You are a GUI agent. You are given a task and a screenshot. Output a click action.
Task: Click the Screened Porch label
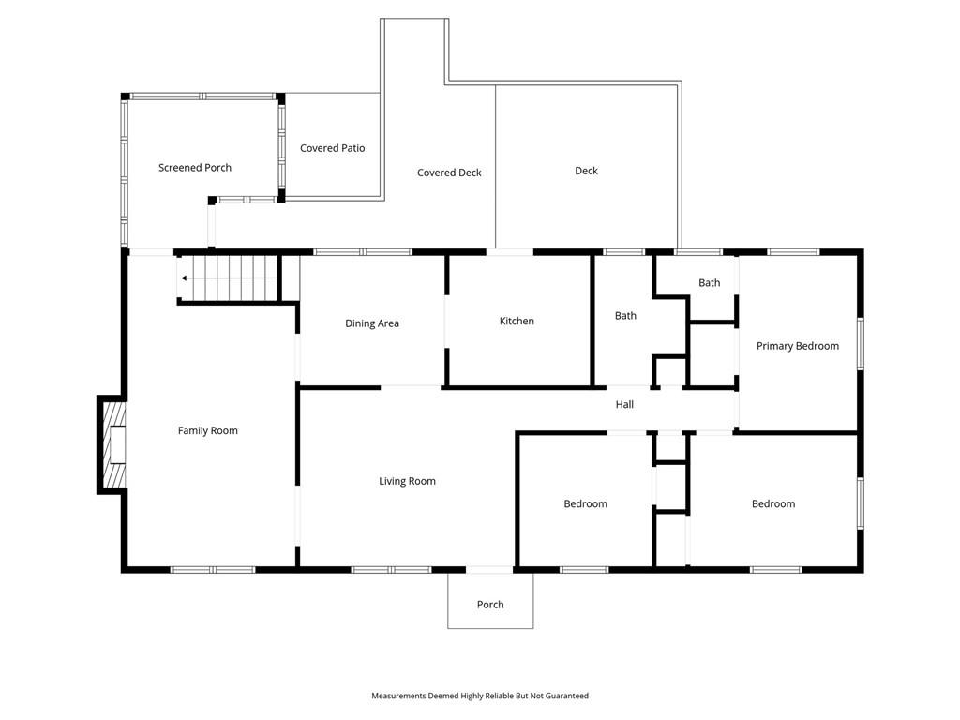pyautogui.click(x=195, y=168)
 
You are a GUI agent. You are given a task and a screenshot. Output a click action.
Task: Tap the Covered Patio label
pyautogui.click(x=333, y=148)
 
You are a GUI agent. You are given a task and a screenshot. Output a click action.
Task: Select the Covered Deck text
pyautogui.click(x=449, y=172)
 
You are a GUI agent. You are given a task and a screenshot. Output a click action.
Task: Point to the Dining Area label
pyautogui.click(x=372, y=323)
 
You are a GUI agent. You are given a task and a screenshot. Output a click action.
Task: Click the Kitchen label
pyautogui.click(x=517, y=321)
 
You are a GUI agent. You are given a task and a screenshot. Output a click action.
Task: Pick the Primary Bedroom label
pyautogui.click(x=798, y=346)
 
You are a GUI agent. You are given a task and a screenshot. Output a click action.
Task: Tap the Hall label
pyautogui.click(x=624, y=404)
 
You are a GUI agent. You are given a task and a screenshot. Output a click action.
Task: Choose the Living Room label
pyautogui.click(x=407, y=481)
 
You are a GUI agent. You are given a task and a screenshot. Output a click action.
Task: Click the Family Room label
pyautogui.click(x=207, y=430)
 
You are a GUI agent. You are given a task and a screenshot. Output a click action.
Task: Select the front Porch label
pyautogui.click(x=490, y=605)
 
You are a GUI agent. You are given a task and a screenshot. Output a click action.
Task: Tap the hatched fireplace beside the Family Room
pyautogui.click(x=113, y=444)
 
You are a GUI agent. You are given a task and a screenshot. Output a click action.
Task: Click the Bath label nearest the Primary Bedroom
pyautogui.click(x=709, y=283)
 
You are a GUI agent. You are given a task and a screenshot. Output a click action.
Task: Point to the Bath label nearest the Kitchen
pyautogui.click(x=625, y=316)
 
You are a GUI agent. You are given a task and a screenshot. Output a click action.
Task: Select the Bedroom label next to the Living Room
pyautogui.click(x=585, y=503)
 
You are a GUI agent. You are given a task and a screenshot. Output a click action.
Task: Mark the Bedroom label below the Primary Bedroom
pyautogui.click(x=773, y=503)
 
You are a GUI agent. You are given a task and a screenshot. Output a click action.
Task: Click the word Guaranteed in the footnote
pyautogui.click(x=567, y=696)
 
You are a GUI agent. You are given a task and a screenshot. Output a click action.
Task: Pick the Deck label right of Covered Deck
pyautogui.click(x=586, y=171)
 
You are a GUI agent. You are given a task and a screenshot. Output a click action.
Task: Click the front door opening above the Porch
pyautogui.click(x=489, y=570)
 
